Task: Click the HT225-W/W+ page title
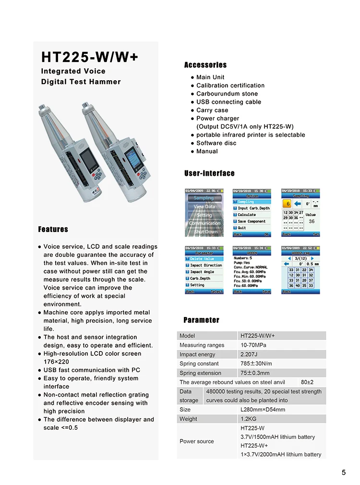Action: [x=90, y=58]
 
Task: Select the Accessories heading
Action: [x=205, y=65]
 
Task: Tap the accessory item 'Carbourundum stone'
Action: [x=227, y=94]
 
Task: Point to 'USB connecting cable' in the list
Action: [x=228, y=102]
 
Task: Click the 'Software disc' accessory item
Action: [x=216, y=143]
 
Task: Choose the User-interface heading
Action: [x=209, y=173]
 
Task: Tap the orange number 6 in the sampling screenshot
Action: [x=288, y=204]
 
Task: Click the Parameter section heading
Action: [x=201, y=320]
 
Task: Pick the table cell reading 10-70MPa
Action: [x=253, y=345]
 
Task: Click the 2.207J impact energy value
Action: [x=251, y=354]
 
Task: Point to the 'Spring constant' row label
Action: [x=199, y=364]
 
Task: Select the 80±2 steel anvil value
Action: [x=307, y=382]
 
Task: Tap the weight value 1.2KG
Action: [x=250, y=419]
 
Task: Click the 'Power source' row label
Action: [x=197, y=441]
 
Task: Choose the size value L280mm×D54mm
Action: [x=263, y=410]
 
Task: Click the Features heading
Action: [x=53, y=230]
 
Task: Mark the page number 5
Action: [x=344, y=473]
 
